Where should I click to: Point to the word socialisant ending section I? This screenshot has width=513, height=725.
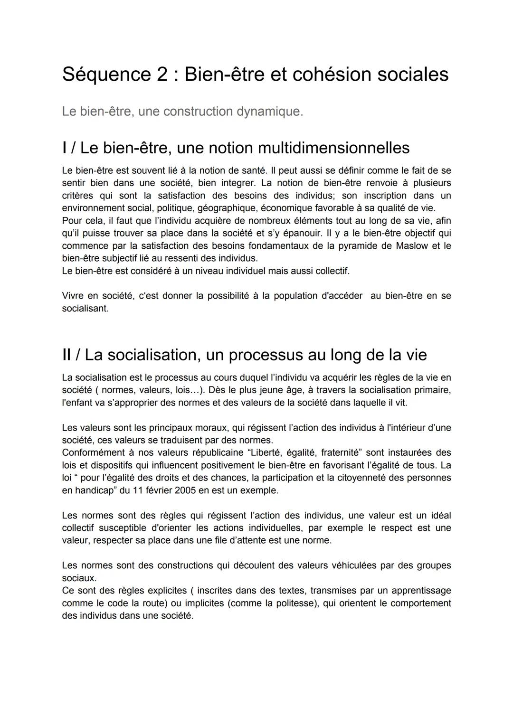coord(85,308)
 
